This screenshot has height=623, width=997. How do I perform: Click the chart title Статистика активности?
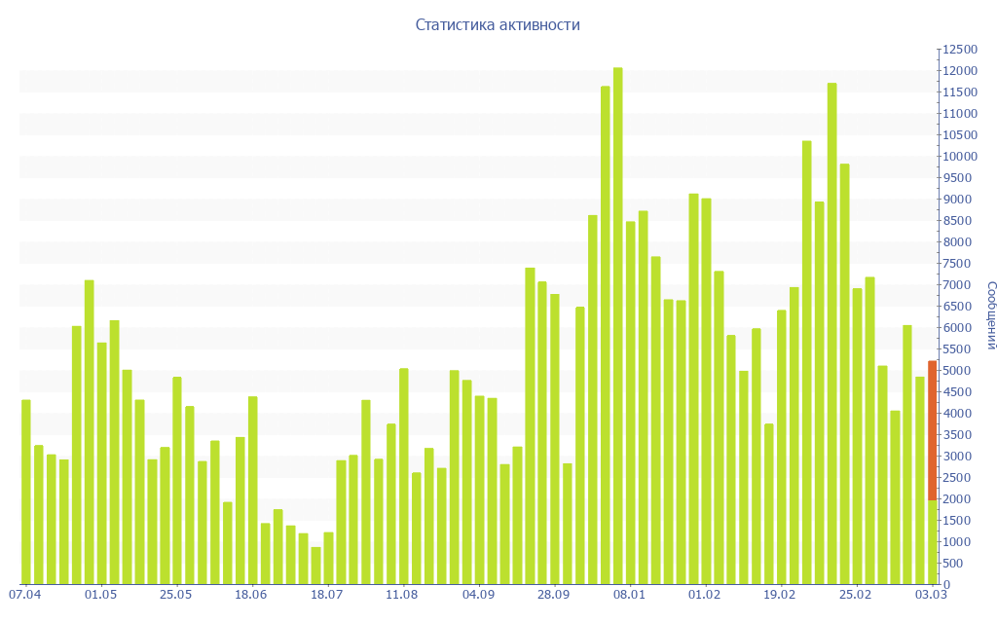[498, 24]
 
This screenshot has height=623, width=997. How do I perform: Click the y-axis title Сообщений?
[990, 314]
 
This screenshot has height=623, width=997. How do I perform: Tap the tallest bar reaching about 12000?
[617, 326]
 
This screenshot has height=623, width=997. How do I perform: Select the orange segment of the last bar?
[932, 429]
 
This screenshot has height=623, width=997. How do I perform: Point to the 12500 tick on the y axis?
[958, 50]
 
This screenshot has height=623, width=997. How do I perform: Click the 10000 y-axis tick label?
[958, 157]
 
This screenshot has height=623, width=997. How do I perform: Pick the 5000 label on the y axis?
[955, 371]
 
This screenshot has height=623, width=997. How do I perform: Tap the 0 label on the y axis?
[946, 585]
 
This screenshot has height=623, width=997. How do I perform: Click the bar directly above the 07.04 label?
[26, 492]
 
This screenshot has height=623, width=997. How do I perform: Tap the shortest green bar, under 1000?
[315, 566]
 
